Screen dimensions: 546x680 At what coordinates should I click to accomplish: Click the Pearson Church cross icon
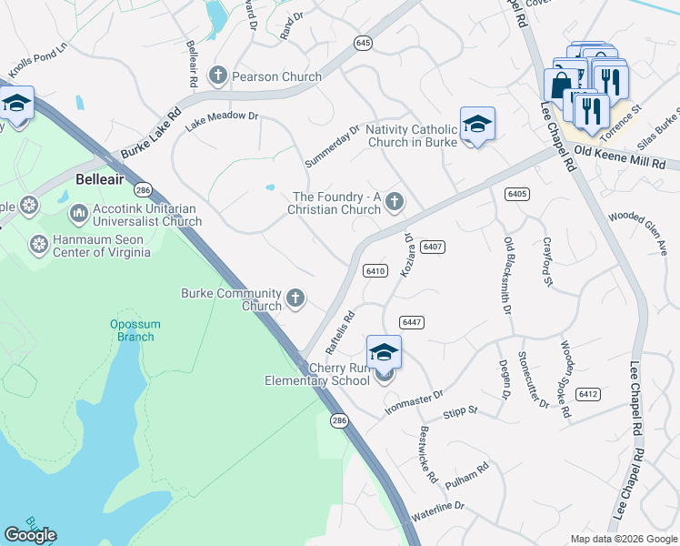(218, 76)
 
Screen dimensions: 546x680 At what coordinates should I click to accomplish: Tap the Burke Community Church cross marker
(295, 297)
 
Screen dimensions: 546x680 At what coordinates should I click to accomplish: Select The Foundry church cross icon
(394, 201)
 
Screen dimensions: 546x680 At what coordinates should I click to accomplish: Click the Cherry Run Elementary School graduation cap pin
(384, 353)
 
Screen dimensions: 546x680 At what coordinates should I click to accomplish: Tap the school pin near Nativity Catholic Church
(477, 125)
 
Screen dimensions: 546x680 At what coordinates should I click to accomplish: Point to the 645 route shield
(364, 43)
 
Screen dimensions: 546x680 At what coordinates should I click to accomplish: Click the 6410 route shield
(375, 271)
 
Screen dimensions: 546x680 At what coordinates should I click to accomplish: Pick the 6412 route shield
(588, 394)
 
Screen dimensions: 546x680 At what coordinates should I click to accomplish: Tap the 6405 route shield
(517, 194)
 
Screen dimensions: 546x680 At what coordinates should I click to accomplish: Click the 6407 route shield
(433, 248)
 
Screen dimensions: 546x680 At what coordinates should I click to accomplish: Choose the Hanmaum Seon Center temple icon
(39, 244)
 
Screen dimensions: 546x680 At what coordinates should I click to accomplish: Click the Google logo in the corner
(30, 535)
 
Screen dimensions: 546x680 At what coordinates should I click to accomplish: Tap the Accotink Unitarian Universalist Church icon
(78, 214)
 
